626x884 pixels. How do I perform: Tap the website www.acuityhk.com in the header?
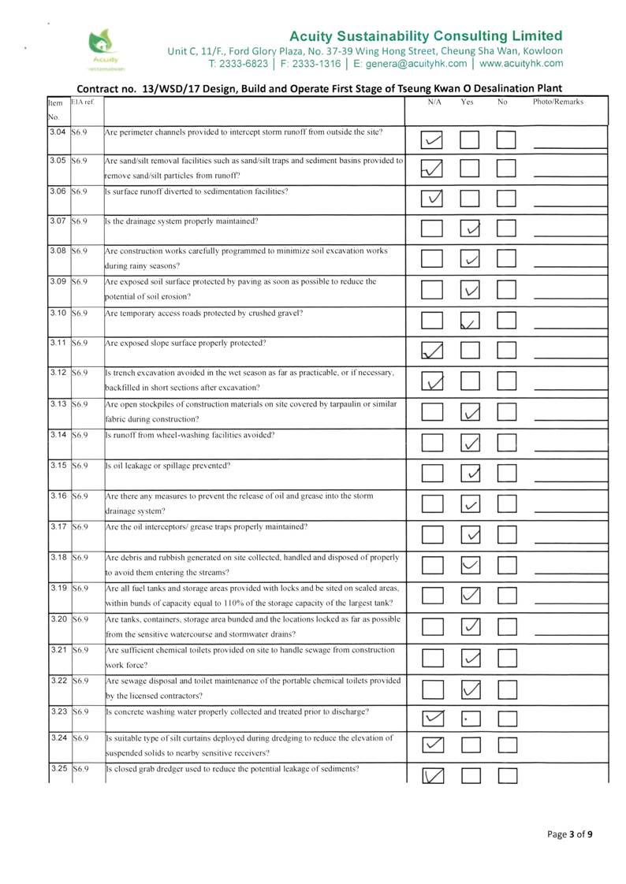point(521,64)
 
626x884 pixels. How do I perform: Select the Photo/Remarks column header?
point(557,102)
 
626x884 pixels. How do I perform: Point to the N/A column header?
point(434,102)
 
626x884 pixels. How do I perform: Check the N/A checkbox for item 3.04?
point(432,140)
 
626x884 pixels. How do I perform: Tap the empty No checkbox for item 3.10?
point(506,321)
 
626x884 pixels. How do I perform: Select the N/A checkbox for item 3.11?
point(432,351)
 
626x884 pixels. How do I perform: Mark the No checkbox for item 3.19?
point(506,595)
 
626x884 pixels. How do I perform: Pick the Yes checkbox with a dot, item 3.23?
point(470,719)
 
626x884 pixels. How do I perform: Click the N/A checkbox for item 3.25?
point(432,776)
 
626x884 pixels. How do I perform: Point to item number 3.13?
point(58,404)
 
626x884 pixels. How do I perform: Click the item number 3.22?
point(58,681)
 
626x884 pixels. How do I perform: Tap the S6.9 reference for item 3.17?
point(79,526)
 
